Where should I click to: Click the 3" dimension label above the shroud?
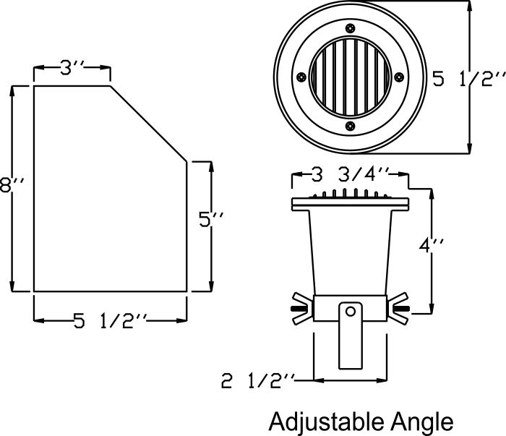click(x=72, y=68)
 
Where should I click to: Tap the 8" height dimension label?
click(x=12, y=185)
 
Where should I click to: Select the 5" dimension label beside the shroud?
click(x=211, y=220)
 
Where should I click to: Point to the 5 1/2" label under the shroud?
click(x=110, y=321)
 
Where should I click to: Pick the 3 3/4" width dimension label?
click(x=350, y=174)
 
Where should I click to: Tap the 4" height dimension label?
click(x=431, y=247)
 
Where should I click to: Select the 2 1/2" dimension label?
click(x=257, y=381)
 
